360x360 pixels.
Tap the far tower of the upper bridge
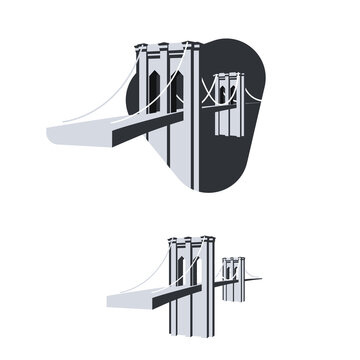227,110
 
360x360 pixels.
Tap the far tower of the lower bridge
233,280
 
